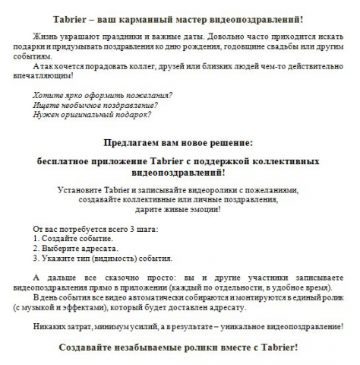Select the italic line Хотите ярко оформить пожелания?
(x=102, y=96)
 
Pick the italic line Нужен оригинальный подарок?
(x=91, y=116)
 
